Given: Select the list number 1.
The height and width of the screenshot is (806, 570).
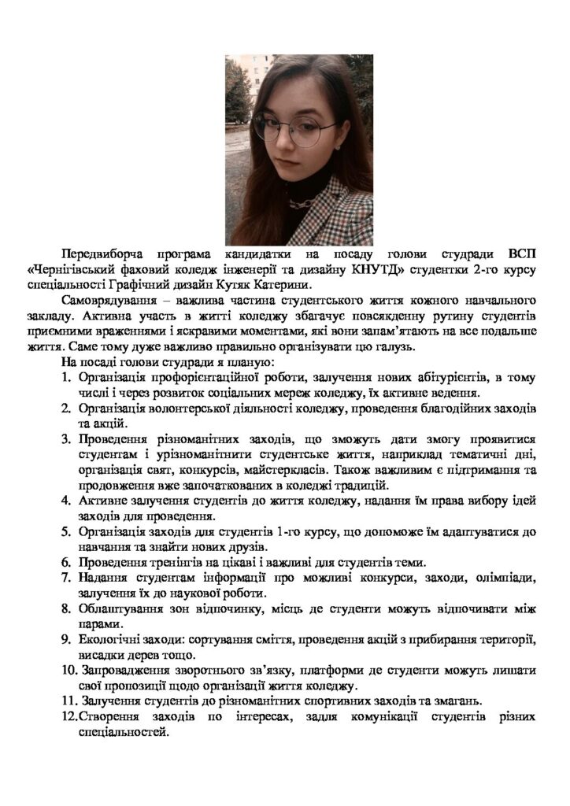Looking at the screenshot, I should point(66,378).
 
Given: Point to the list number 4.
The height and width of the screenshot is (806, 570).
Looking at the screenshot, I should point(66,501).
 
